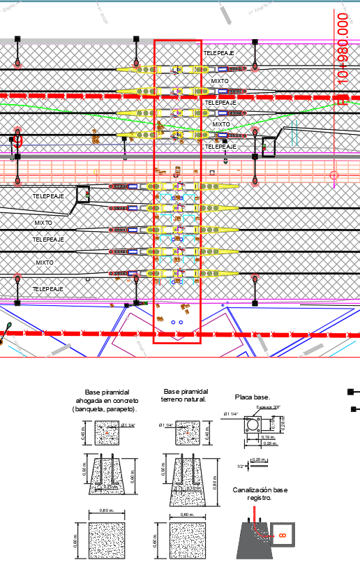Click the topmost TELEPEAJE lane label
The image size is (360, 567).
219,53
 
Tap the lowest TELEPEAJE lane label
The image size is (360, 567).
48,288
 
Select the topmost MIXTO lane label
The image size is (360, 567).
220,81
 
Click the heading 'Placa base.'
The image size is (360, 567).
252,397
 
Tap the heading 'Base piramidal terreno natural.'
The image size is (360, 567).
185,396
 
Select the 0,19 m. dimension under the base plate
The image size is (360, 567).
268,436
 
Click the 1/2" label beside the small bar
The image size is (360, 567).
241,466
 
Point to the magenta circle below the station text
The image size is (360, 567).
334,175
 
